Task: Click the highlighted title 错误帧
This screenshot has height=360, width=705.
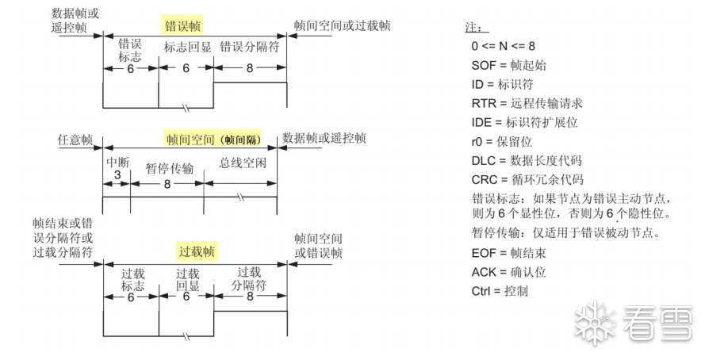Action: (183, 25)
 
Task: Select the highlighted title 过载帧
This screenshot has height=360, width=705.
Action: (197, 251)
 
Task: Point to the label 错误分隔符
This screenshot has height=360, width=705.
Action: (250, 47)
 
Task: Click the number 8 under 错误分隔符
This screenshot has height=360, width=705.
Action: (250, 68)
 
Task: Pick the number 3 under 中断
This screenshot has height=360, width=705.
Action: (117, 174)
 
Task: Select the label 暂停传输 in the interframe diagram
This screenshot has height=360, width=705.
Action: (169, 168)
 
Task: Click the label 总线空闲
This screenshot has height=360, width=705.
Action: (243, 163)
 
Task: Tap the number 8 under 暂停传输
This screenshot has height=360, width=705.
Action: (167, 183)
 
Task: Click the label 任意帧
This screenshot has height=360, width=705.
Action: (75, 140)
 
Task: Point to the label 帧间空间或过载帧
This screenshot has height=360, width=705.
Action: (342, 25)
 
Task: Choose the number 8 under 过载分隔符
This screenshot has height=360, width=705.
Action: (250, 297)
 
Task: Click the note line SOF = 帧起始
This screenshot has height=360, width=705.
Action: (508, 65)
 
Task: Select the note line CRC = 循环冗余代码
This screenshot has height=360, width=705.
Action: (527, 179)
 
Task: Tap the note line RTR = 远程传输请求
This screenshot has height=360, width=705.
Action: (527, 103)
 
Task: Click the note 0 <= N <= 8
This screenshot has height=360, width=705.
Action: (503, 46)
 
